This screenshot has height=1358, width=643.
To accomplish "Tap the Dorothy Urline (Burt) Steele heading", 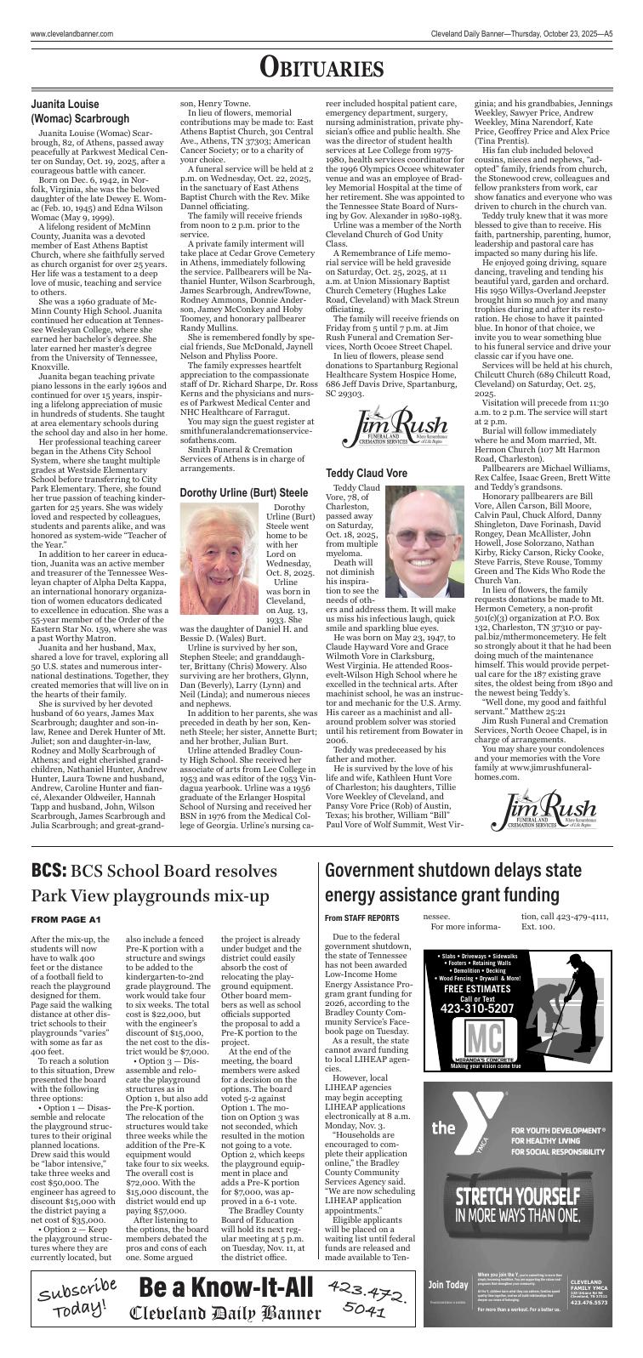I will click(243, 492).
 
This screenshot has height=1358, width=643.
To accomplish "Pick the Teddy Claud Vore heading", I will click(367, 473).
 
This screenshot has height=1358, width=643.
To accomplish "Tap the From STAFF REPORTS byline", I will click(361, 918).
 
